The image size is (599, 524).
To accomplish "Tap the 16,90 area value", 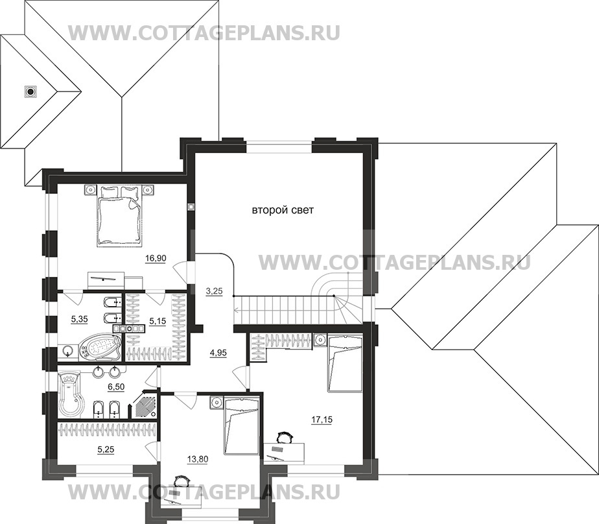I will click(x=156, y=258).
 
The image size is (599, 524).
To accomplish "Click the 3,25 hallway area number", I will click(x=213, y=292).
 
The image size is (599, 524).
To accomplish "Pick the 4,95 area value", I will click(x=218, y=353).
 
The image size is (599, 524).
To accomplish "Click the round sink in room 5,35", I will click(x=69, y=351).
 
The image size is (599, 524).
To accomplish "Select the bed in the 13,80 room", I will click(x=241, y=425).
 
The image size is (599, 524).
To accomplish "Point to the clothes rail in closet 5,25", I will click(x=107, y=429).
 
